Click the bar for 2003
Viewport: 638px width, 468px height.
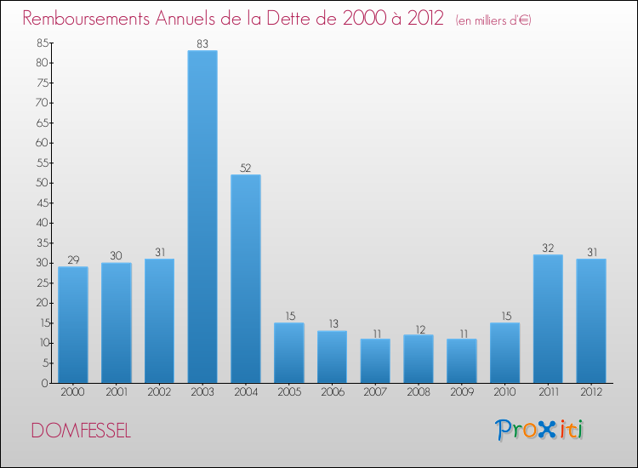click(x=202, y=217)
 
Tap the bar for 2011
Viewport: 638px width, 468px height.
click(x=548, y=319)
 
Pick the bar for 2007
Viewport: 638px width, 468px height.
click(x=375, y=361)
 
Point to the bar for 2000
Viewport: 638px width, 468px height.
click(x=73, y=325)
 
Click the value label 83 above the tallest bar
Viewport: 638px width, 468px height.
click(x=202, y=43)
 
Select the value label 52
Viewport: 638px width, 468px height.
click(x=246, y=168)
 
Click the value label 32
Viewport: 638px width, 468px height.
click(x=548, y=248)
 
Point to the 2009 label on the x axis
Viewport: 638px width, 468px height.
click(x=461, y=393)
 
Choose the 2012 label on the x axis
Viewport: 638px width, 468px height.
click(x=591, y=393)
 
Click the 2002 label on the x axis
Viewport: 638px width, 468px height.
click(x=159, y=393)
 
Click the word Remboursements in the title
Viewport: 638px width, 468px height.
click(x=89, y=19)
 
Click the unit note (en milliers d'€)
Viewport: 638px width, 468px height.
click(x=493, y=20)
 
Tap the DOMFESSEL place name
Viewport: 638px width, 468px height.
click(x=81, y=431)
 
